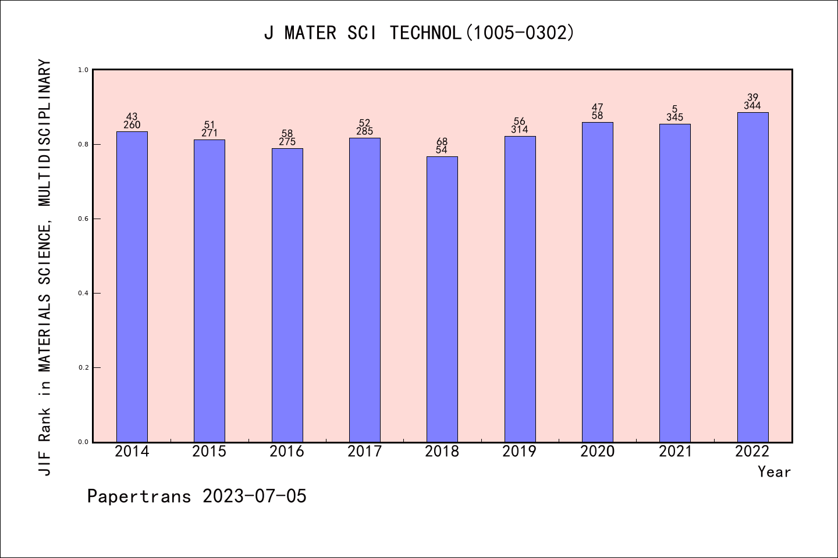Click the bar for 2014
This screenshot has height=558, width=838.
132,287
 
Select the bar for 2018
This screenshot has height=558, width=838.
442,299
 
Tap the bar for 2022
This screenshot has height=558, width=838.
752,277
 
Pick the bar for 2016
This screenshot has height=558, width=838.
287,295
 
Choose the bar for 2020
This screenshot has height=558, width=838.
597,282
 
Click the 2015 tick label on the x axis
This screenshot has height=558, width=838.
210,452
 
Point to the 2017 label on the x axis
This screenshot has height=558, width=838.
364,452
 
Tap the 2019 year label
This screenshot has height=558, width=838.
520,452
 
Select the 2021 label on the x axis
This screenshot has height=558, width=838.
675,452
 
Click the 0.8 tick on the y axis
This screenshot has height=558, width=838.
83,144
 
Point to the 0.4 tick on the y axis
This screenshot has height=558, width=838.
83,293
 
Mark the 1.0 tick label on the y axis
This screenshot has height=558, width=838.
83,70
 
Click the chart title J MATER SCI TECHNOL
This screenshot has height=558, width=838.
419,33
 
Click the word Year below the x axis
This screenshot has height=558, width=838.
774,472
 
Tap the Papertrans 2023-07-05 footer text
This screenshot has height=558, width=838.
197,496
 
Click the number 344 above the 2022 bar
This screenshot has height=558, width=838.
752,106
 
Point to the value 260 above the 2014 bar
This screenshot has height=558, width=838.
132,125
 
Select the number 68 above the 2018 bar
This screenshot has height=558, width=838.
442,141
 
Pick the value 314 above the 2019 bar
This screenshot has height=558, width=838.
520,130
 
